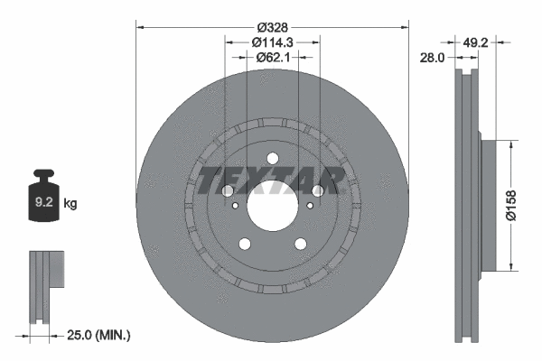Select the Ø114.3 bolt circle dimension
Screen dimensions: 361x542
(272, 42)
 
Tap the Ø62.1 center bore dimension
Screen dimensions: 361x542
(272, 58)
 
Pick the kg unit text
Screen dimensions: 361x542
(70, 204)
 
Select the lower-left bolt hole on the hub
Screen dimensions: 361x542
(244, 243)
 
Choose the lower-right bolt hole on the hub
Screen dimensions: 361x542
(300, 243)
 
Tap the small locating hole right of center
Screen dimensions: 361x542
(310, 206)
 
